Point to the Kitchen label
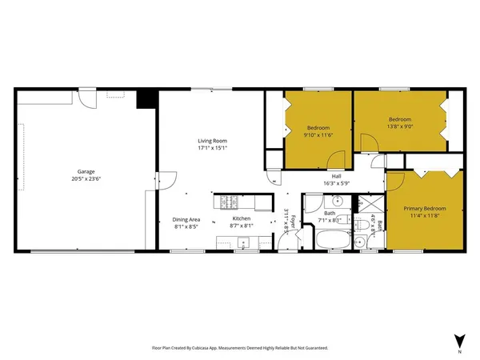[x=242, y=219]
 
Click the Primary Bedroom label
[x=424, y=209]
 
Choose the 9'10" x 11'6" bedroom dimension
[x=318, y=135]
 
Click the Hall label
[x=338, y=177]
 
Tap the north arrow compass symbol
[x=458, y=339]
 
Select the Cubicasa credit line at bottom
[x=240, y=348]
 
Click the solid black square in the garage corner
[x=145, y=98]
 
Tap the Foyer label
[x=293, y=221]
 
